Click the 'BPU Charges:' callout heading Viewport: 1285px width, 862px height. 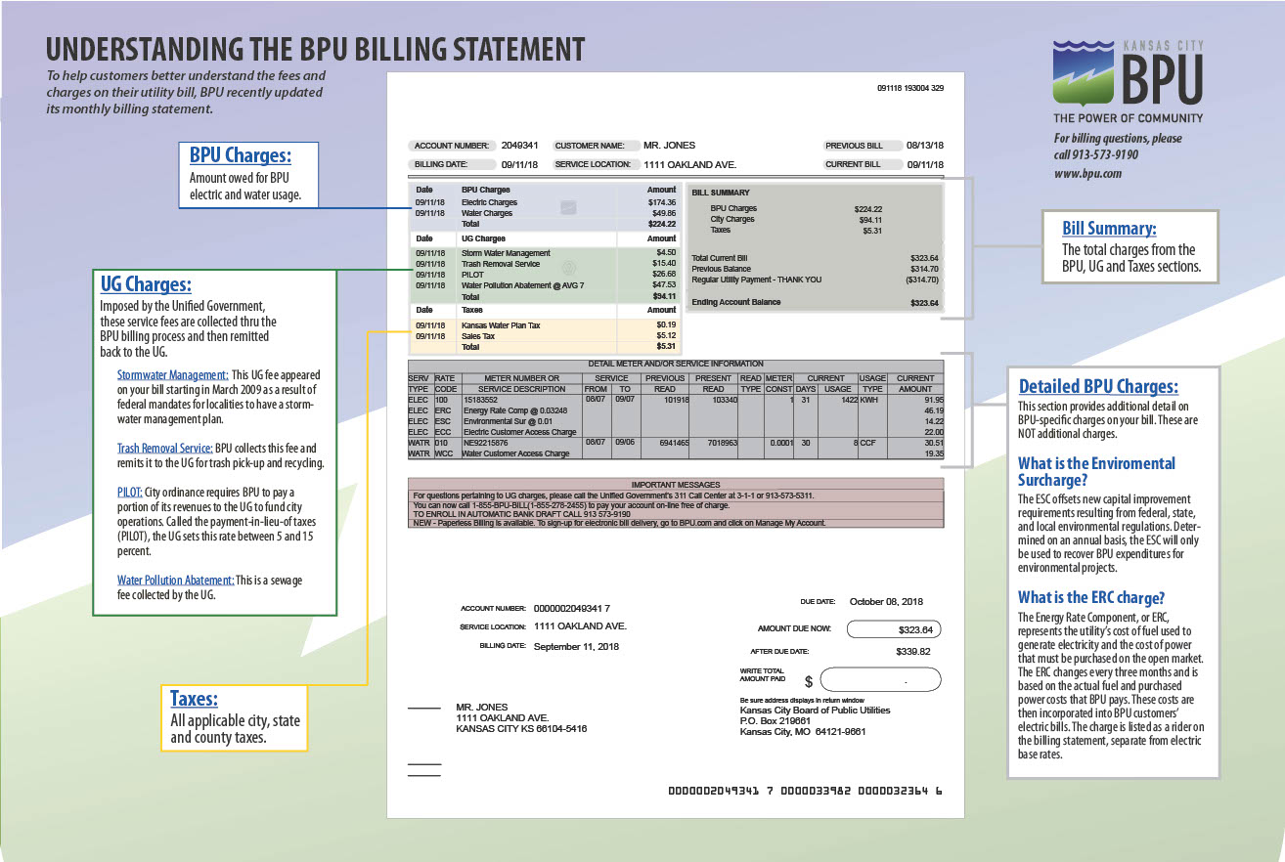(x=240, y=155)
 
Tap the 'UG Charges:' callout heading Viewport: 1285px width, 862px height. (x=146, y=284)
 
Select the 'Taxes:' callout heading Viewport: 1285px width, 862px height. (x=194, y=699)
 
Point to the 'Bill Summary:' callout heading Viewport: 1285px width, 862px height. (x=1109, y=228)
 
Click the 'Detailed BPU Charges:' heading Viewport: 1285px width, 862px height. (x=1098, y=386)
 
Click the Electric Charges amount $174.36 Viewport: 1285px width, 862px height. (x=661, y=202)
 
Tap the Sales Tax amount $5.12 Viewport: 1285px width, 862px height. (x=665, y=336)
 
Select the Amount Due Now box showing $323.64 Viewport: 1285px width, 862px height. (x=893, y=629)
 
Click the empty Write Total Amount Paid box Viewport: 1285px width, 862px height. (x=880, y=679)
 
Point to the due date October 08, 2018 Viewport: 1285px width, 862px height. (x=886, y=601)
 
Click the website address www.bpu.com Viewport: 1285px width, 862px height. (x=1087, y=174)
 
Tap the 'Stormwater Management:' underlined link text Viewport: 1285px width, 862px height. (x=172, y=375)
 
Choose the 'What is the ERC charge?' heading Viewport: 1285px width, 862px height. (x=1091, y=597)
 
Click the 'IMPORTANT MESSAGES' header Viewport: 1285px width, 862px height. (x=676, y=484)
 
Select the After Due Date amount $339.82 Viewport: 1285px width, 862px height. (x=912, y=651)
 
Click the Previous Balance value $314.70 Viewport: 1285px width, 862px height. (x=924, y=269)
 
